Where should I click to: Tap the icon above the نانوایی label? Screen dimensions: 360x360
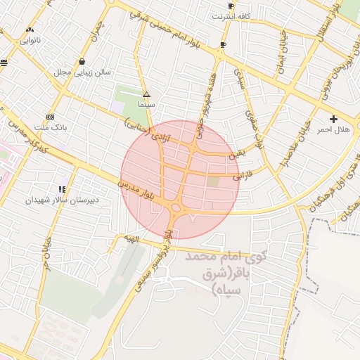[x=30, y=30]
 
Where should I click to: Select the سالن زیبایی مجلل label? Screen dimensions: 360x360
[x=82, y=72]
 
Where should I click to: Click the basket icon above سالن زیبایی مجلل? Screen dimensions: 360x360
[x=83, y=60]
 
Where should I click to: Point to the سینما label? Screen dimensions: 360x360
[x=146, y=104]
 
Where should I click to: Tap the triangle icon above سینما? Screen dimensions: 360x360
[x=146, y=94]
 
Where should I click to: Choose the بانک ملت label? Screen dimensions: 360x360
[x=50, y=127]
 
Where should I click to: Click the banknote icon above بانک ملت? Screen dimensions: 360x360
[x=50, y=116]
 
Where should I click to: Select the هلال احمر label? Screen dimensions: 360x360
[x=333, y=129]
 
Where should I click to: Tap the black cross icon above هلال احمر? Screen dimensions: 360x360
[x=333, y=118]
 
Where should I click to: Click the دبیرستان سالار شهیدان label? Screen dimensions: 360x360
[x=63, y=200]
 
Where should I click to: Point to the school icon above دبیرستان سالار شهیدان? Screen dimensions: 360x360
[x=63, y=189]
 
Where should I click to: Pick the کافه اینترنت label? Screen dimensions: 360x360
[x=235, y=15]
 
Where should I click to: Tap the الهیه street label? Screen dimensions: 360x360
[x=132, y=240]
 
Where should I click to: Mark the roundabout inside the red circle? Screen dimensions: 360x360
[x=175, y=207]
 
